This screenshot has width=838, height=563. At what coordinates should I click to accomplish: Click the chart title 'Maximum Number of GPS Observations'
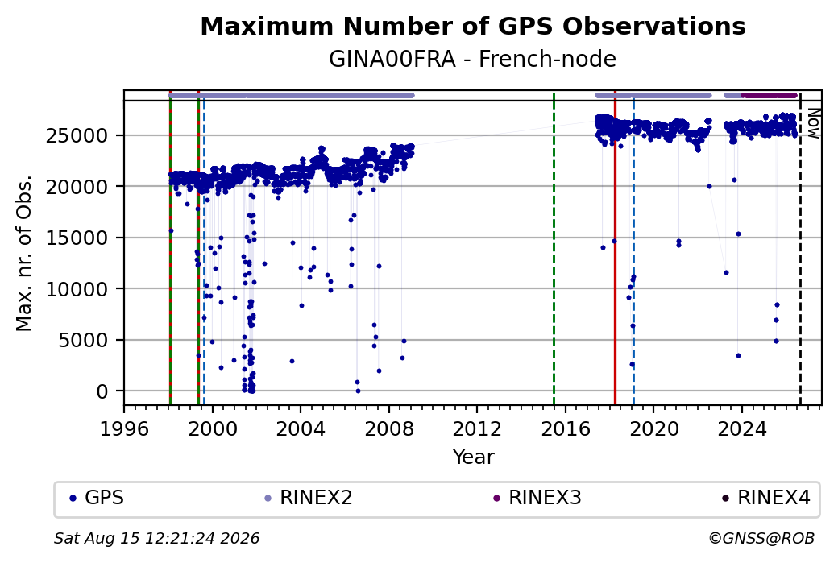click(472, 26)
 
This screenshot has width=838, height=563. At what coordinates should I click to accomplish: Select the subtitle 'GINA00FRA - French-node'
click(472, 59)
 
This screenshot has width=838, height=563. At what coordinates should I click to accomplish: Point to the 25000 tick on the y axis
click(77, 135)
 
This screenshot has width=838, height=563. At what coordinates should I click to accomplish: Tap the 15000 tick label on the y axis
click(77, 238)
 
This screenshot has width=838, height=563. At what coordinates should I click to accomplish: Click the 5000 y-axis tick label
click(83, 340)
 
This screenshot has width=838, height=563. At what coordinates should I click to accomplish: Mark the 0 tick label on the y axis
click(102, 391)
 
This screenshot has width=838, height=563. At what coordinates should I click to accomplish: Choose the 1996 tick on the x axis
click(125, 428)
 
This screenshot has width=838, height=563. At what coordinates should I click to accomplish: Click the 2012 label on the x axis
click(477, 428)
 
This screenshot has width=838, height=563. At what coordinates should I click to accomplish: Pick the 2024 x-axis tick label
click(742, 428)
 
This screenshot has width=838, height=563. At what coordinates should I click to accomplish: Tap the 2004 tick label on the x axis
click(301, 428)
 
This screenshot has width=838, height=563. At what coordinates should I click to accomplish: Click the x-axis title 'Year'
click(474, 457)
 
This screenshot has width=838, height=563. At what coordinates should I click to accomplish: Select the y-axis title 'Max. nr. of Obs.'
click(24, 253)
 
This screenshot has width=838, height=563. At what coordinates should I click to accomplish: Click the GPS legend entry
click(97, 498)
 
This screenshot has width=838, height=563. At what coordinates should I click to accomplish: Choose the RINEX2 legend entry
click(309, 498)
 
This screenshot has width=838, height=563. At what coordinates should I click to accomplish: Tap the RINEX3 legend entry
click(537, 498)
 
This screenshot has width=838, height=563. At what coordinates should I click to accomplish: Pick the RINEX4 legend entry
click(765, 498)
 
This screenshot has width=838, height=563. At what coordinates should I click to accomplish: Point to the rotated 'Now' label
click(813, 123)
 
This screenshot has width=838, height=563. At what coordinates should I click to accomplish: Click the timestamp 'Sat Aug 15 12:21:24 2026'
click(156, 538)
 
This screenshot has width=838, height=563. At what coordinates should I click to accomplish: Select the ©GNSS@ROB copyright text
click(761, 538)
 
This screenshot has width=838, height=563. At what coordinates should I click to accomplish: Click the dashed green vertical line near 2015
click(554, 248)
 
